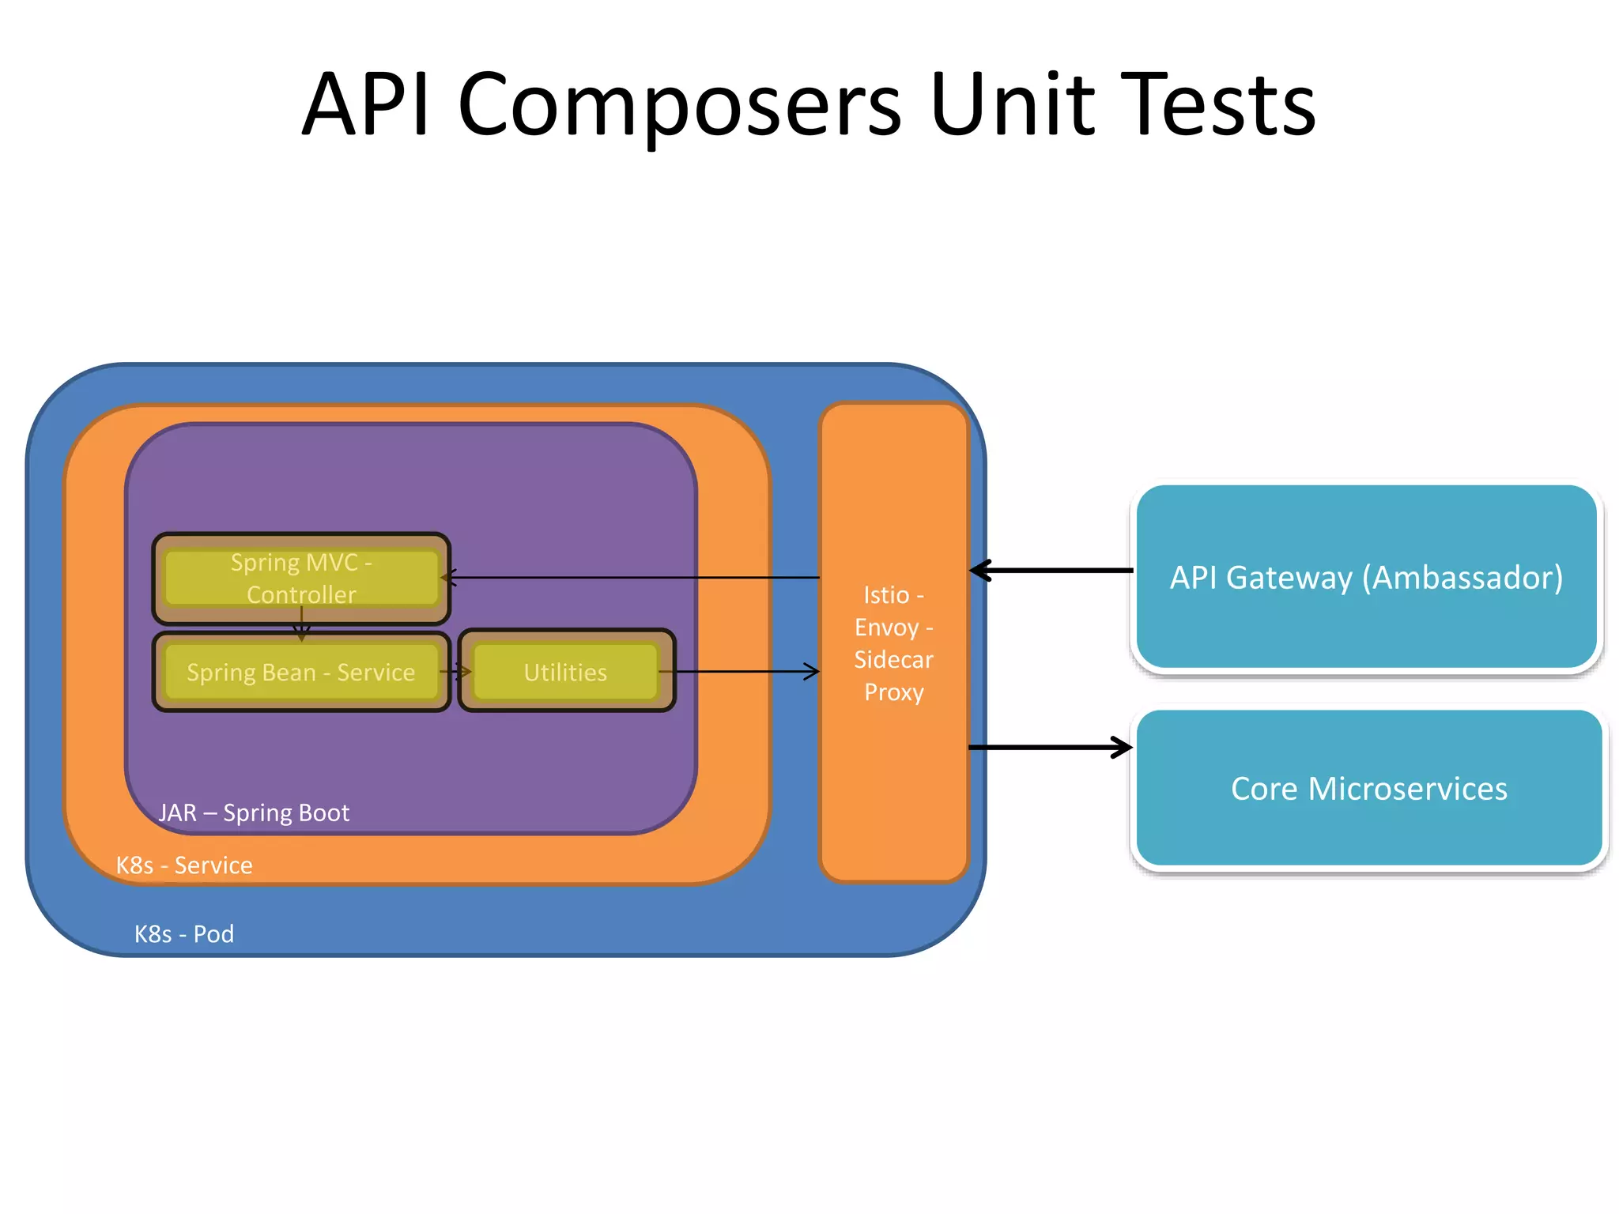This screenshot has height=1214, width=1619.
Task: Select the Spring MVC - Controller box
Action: pyautogui.click(x=300, y=578)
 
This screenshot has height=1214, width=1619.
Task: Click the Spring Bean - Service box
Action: pyautogui.click(x=300, y=672)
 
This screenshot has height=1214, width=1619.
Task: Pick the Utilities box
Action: pyautogui.click(x=565, y=672)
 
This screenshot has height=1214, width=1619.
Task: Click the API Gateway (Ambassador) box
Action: pyautogui.click(x=1366, y=578)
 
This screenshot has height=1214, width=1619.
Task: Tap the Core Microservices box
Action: pyautogui.click(x=1368, y=788)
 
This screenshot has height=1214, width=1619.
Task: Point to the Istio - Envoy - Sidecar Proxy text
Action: pyautogui.click(x=893, y=643)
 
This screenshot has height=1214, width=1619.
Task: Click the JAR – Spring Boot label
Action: pyautogui.click(x=254, y=812)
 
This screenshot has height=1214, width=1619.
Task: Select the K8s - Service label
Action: pyautogui.click(x=184, y=865)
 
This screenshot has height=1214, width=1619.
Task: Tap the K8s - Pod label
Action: pyautogui.click(x=184, y=933)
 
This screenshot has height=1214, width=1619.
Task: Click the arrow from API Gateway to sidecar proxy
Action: pyautogui.click(x=1051, y=570)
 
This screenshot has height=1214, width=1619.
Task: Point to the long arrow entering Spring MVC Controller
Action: pyautogui.click(x=632, y=578)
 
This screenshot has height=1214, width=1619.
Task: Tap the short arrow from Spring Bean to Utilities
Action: pyautogui.click(x=456, y=672)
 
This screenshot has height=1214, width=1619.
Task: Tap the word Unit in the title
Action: pyautogui.click(x=1012, y=104)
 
